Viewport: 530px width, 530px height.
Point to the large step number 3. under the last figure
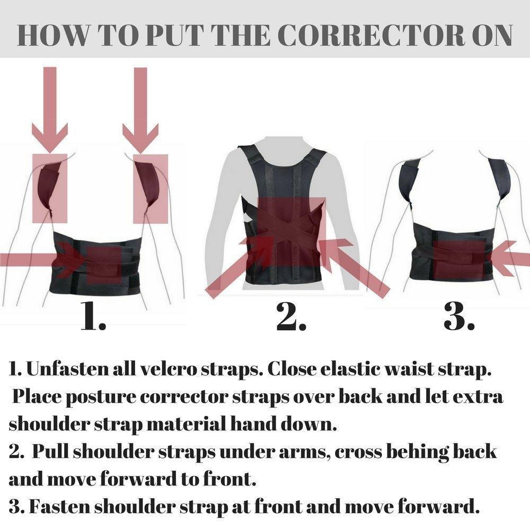458,317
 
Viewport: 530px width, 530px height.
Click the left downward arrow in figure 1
50,111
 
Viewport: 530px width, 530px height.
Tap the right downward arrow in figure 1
140,111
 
